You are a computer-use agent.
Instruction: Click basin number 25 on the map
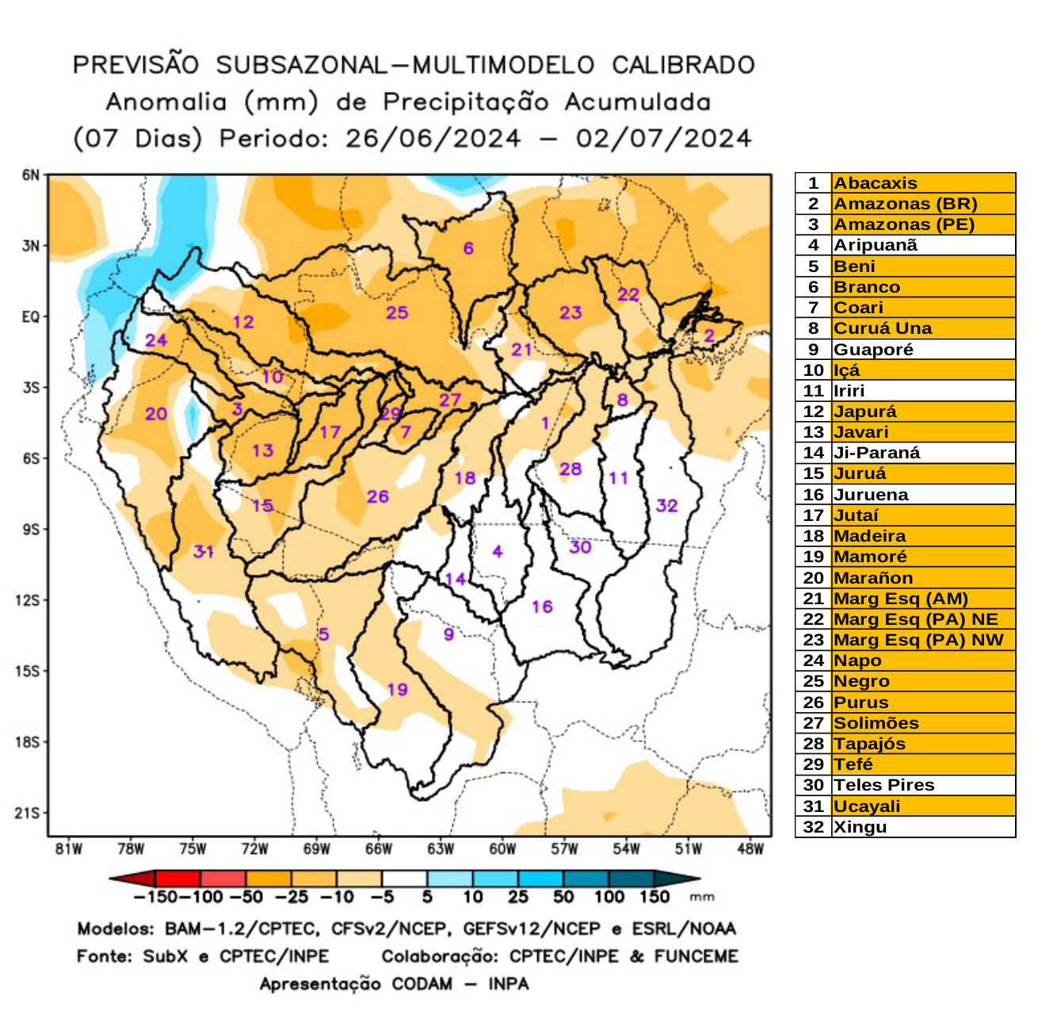click(397, 312)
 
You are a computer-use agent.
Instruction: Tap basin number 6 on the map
click(468, 248)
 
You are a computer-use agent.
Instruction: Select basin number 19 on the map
click(397, 689)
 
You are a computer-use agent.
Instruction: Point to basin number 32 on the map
click(666, 506)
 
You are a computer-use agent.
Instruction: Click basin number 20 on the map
click(156, 414)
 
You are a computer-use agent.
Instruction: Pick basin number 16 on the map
click(542, 607)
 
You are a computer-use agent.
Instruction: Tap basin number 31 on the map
click(204, 551)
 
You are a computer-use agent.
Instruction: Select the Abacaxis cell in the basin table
click(876, 183)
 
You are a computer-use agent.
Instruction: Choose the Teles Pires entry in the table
click(883, 785)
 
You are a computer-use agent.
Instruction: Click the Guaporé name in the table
click(873, 350)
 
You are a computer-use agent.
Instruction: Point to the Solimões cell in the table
click(876, 723)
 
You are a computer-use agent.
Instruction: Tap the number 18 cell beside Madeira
click(814, 536)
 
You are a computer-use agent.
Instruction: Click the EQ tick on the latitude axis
click(30, 317)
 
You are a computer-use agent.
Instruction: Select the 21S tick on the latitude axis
click(29, 813)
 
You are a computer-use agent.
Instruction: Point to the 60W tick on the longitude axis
click(502, 849)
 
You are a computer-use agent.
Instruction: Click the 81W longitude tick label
click(69, 849)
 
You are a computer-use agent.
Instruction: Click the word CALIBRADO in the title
click(683, 65)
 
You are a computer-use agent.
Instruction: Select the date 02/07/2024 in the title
click(663, 139)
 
